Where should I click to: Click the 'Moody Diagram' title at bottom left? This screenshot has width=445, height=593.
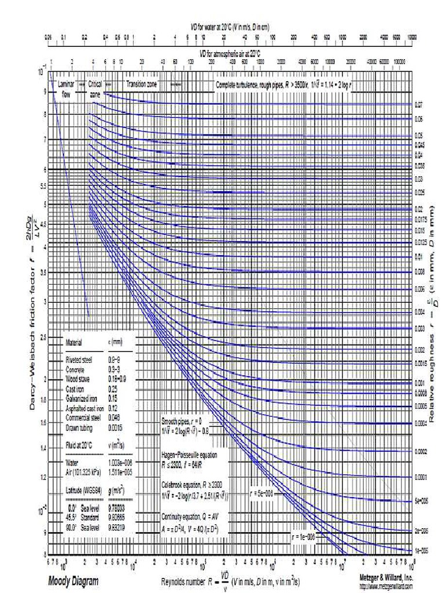coord(73,581)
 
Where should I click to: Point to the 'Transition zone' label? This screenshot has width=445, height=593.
coord(142,84)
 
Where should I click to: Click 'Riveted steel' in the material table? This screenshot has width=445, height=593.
coord(79,360)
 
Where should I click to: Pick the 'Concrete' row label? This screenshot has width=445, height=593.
coord(76,368)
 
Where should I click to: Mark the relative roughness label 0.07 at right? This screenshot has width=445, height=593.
coord(419,106)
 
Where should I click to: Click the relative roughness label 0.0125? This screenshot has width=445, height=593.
coord(421,241)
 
